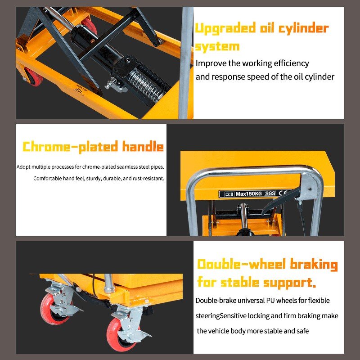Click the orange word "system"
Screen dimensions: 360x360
point(217,46)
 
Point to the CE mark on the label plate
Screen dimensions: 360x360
point(283,193)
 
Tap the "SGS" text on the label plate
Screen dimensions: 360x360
point(270,193)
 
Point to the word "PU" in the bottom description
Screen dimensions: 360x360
point(267,300)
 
